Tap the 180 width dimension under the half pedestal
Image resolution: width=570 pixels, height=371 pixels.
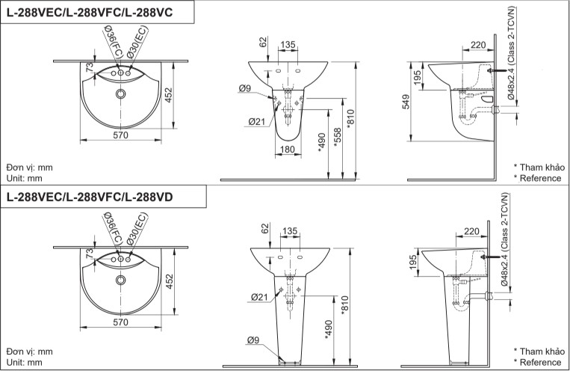(287, 150)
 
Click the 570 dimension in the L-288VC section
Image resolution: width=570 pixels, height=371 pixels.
(121, 135)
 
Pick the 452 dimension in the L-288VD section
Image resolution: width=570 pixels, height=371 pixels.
(169, 280)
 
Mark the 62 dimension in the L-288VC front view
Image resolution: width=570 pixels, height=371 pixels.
(263, 41)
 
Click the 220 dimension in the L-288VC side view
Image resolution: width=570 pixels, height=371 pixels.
(478, 45)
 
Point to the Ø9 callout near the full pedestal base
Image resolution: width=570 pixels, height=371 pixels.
(254, 341)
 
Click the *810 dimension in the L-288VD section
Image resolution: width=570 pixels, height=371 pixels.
(344, 304)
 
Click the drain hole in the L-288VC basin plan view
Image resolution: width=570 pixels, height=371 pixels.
(121, 95)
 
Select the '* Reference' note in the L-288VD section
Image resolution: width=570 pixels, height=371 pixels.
(537, 362)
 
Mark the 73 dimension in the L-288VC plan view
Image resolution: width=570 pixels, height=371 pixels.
(89, 69)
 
